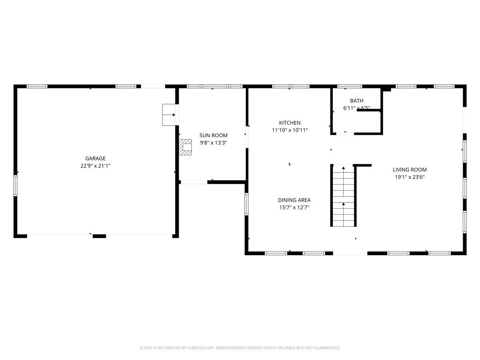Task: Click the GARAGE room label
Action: point(95,158)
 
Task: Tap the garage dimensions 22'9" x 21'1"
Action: point(95,165)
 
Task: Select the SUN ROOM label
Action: point(214,136)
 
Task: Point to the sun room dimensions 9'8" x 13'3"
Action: point(214,142)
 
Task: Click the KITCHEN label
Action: point(290,123)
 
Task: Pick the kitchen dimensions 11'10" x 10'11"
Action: point(290,130)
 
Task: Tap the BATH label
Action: point(357,101)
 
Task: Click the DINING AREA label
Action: point(294,200)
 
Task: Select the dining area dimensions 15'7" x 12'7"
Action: point(294,207)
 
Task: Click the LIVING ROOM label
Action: point(410,170)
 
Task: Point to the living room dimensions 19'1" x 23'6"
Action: point(410,177)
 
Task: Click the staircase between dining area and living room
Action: point(343,196)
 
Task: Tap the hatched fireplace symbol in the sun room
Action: point(185,147)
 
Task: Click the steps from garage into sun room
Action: point(169,115)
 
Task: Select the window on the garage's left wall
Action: point(16,185)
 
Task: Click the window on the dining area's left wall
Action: point(246,204)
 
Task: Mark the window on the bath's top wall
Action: point(350,86)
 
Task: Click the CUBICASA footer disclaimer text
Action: point(240,348)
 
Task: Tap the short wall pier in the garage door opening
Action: point(99,236)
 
